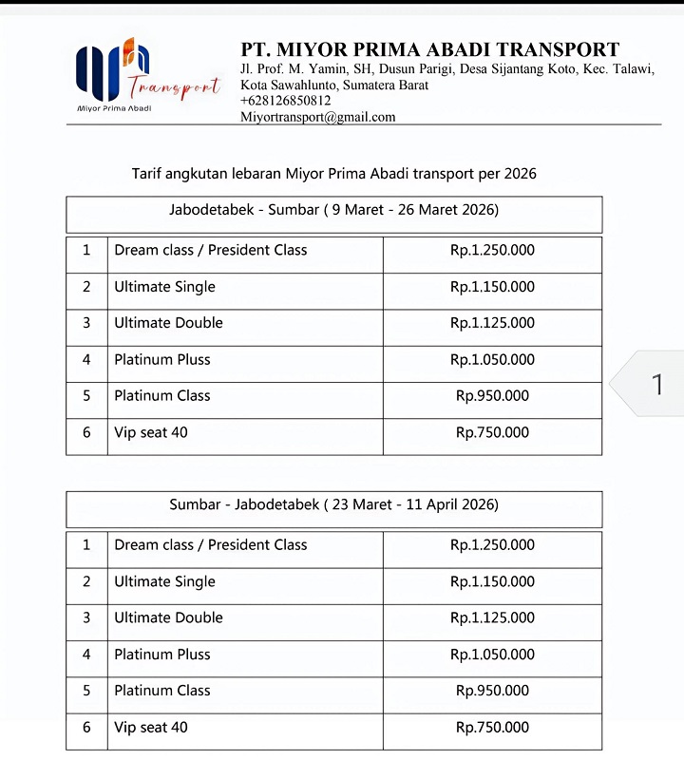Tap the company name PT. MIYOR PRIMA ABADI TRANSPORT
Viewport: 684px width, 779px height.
(x=430, y=50)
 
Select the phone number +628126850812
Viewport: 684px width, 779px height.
(x=286, y=101)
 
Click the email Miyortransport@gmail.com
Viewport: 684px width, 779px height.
(x=318, y=117)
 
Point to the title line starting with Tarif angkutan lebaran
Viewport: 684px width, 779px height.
(x=333, y=174)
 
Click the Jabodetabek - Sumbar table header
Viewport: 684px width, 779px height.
(x=333, y=210)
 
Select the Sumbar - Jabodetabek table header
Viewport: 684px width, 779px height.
(x=333, y=504)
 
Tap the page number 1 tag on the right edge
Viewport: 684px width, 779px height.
(x=656, y=385)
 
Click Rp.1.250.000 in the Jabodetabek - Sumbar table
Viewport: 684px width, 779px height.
(x=492, y=251)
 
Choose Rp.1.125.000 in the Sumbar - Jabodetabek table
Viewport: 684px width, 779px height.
(x=492, y=617)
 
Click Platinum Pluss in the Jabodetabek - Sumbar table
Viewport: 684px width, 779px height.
(x=162, y=360)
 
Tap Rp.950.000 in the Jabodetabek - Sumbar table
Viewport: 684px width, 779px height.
(x=492, y=396)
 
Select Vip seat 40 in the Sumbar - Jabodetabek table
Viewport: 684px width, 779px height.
(x=151, y=728)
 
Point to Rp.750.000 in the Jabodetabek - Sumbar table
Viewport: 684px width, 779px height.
(x=492, y=433)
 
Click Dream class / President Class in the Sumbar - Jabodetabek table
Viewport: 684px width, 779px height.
(x=211, y=545)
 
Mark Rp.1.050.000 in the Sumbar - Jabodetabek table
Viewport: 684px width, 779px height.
(x=492, y=655)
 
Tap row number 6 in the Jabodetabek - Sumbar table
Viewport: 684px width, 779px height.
(x=86, y=433)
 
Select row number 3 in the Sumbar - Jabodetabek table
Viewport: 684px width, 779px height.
(x=86, y=617)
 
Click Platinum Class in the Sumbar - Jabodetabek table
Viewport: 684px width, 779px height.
(x=162, y=691)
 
